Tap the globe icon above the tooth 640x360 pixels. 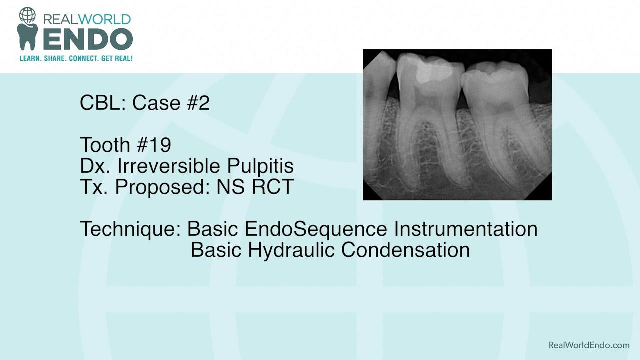(x=27, y=15)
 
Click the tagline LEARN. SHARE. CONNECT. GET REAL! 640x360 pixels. (x=76, y=58)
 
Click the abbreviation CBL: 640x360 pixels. (x=103, y=103)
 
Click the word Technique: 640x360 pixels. (x=130, y=229)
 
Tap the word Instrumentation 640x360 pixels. (x=465, y=229)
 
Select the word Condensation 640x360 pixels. (x=405, y=250)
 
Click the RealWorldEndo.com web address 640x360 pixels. (x=589, y=345)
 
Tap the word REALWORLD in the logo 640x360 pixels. (x=87, y=19)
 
